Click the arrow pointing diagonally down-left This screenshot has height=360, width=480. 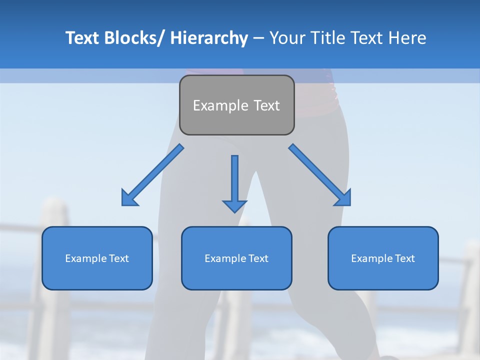click(x=153, y=175)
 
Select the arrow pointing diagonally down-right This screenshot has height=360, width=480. click(x=320, y=175)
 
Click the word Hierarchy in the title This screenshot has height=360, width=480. click(x=209, y=38)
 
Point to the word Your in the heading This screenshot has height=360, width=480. click(x=286, y=38)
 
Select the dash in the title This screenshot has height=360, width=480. click(x=258, y=38)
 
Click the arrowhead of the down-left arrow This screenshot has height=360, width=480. click(x=129, y=198)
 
